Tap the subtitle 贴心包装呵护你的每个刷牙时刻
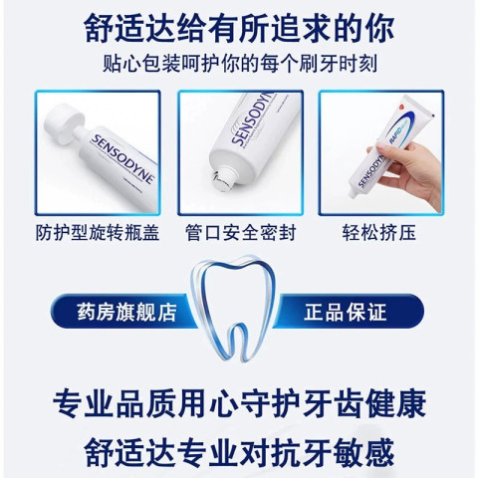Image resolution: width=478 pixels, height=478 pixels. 240,63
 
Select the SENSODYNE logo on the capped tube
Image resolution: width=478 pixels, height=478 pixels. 122,158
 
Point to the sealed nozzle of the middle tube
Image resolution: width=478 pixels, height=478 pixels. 223,178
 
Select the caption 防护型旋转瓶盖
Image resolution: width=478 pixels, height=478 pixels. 98,232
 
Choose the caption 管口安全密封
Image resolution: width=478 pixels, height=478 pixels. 240,232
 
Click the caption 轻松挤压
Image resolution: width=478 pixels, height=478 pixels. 379,232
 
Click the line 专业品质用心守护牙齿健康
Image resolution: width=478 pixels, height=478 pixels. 239,403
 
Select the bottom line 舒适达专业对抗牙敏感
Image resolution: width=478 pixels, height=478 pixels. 239,452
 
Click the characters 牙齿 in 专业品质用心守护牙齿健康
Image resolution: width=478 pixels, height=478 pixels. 333,403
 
